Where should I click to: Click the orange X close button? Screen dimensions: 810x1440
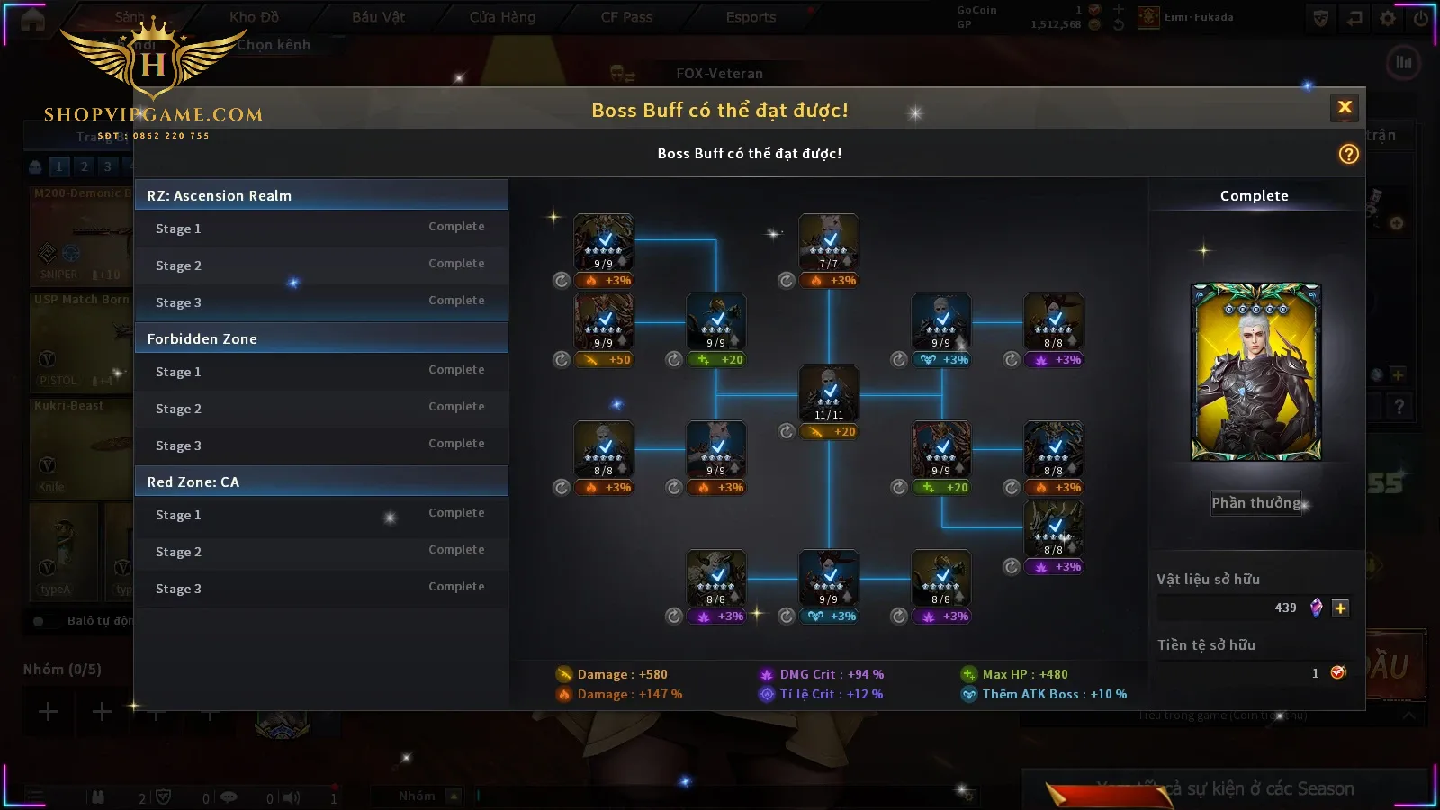point(1345,108)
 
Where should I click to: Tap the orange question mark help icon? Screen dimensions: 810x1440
point(1348,154)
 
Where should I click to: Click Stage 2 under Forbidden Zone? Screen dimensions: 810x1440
point(179,409)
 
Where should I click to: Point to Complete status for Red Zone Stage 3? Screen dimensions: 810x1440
point(456,587)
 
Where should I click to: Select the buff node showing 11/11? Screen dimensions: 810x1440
point(829,393)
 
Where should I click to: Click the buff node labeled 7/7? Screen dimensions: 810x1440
point(829,242)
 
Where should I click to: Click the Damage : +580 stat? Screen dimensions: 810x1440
point(622,674)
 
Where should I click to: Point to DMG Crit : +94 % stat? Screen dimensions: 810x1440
point(831,674)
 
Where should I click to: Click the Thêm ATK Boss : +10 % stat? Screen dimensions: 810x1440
point(1054,694)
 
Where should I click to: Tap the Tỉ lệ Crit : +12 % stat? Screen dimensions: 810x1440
point(831,694)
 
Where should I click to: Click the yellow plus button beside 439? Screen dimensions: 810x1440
point(1340,607)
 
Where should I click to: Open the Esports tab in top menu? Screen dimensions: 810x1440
point(751,17)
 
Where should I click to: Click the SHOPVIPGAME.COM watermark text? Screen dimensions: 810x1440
point(154,114)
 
